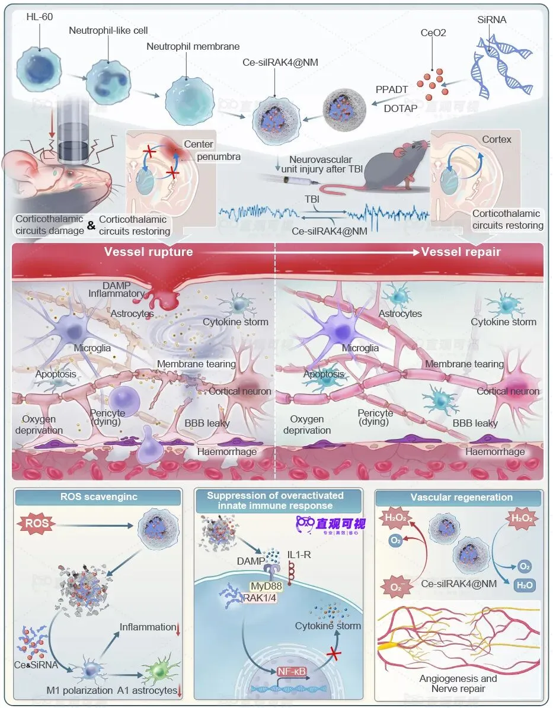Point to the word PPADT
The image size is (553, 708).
pos(392,89)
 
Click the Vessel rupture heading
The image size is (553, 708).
pos(148,252)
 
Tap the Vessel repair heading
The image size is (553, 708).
pos(461,252)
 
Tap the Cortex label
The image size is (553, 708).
pos(496,139)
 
